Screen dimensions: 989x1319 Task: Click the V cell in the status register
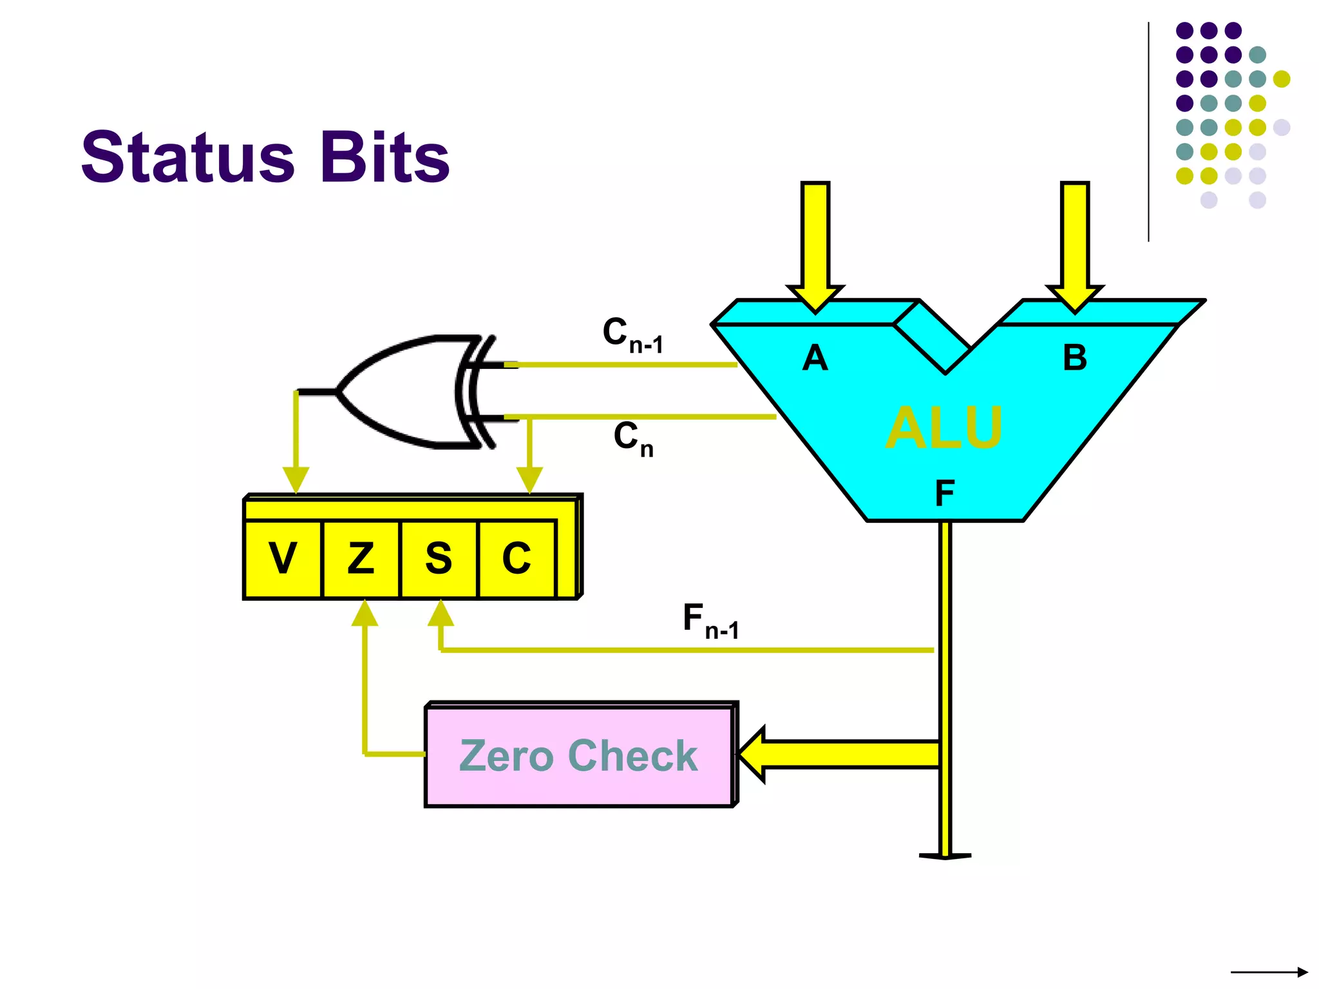(x=283, y=558)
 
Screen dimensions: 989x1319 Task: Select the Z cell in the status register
(x=361, y=558)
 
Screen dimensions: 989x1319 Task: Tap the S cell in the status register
(x=439, y=558)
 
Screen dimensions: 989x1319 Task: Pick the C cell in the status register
(x=517, y=558)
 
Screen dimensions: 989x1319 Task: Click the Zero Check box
(x=579, y=755)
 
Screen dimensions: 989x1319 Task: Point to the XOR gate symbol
(x=412, y=391)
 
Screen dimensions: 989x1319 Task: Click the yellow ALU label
(x=944, y=428)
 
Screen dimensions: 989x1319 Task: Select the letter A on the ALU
(x=815, y=358)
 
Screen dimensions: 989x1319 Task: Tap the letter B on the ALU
(x=1074, y=358)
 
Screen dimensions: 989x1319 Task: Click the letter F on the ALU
(x=944, y=494)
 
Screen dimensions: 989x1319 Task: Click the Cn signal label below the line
(x=632, y=438)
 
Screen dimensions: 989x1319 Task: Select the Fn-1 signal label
(x=710, y=621)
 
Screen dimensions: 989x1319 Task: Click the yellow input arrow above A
(x=815, y=245)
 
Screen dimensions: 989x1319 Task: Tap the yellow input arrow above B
(x=1075, y=245)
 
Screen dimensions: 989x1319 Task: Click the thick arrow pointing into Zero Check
(x=837, y=754)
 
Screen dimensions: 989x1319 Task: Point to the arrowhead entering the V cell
(x=296, y=480)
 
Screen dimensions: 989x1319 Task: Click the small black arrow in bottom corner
(x=1269, y=972)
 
